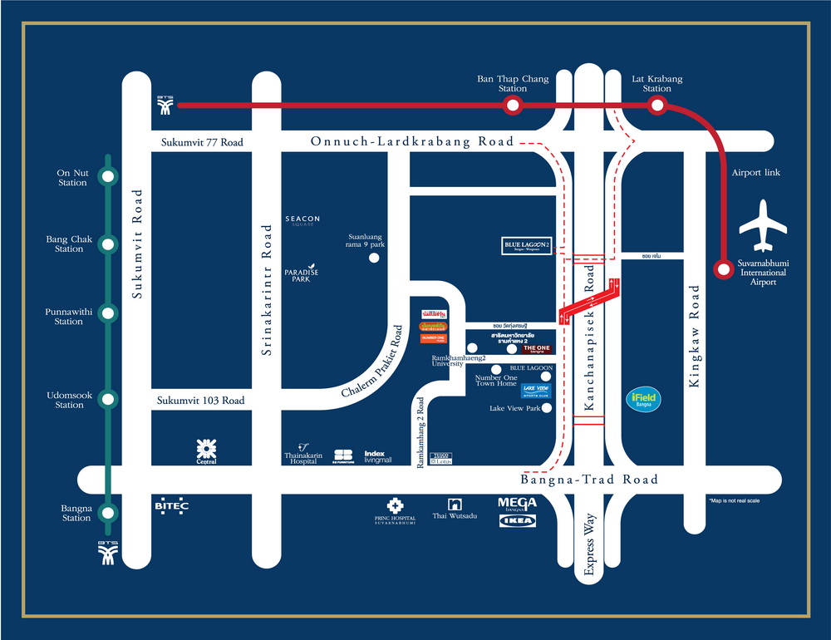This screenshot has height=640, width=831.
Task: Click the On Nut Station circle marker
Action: pyautogui.click(x=107, y=176)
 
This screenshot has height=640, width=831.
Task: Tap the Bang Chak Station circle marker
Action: pyautogui.click(x=107, y=244)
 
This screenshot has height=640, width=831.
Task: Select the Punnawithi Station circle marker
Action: pyautogui.click(x=107, y=313)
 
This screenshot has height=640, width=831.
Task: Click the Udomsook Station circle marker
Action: pyautogui.click(x=107, y=399)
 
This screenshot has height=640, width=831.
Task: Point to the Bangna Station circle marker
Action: pyautogui.click(x=107, y=511)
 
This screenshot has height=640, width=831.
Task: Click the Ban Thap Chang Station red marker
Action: pyautogui.click(x=513, y=106)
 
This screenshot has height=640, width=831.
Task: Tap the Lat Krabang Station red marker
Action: pyautogui.click(x=656, y=106)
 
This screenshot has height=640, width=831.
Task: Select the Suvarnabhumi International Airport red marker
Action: pyautogui.click(x=720, y=268)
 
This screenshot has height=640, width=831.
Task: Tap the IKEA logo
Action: pyautogui.click(x=517, y=521)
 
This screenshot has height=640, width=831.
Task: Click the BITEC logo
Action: pyautogui.click(x=172, y=505)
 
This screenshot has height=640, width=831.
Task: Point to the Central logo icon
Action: pyautogui.click(x=205, y=450)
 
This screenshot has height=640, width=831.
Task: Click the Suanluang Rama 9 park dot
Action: pyautogui.click(x=374, y=258)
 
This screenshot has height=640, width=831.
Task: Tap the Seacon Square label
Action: pyautogui.click(x=302, y=222)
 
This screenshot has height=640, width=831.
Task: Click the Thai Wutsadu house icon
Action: pyautogui.click(x=454, y=504)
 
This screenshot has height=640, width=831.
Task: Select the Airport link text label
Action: pyautogui.click(x=757, y=173)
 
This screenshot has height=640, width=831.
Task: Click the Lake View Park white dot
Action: pyautogui.click(x=547, y=408)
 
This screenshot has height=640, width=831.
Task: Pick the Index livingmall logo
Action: pyautogui.click(x=378, y=456)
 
